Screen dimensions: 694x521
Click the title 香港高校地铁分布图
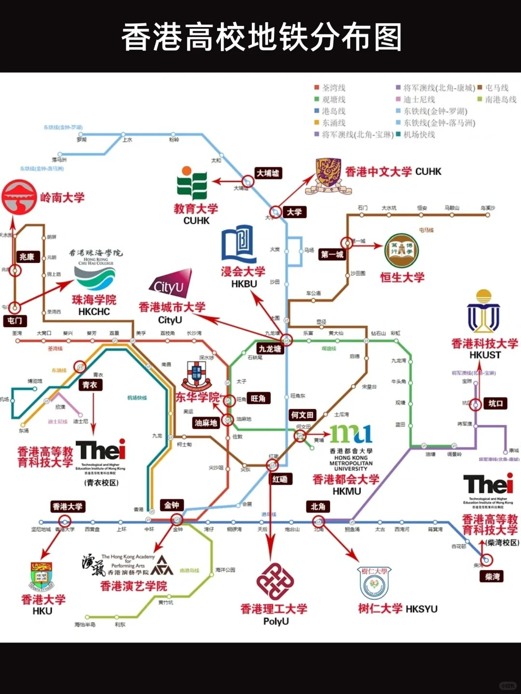pos(261,37)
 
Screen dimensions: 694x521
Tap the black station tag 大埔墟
pos(268,173)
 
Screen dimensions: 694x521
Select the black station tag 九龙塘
pos(270,348)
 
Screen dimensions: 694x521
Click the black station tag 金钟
pos(172,505)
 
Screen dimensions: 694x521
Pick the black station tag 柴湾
pos(492,577)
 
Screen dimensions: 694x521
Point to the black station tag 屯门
pos(14,320)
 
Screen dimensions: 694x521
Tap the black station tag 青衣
pos(90,385)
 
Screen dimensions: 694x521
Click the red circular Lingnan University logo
pos(19,197)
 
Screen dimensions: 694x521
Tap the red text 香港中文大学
pos(378,172)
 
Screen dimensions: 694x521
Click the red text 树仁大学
pos(380,609)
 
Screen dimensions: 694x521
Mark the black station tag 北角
pos(318,507)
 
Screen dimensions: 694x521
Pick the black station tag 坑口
pos(495,403)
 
